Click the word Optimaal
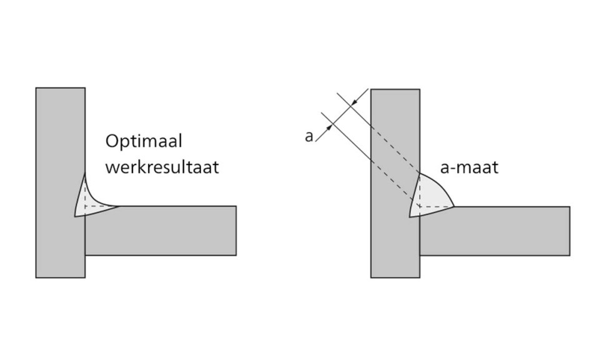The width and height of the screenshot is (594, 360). [x=144, y=141]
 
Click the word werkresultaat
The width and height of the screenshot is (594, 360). [x=162, y=167]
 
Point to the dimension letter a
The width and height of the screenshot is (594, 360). [x=309, y=136]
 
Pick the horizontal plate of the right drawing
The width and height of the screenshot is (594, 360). [x=500, y=231]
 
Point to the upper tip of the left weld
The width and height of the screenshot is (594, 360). [x=85, y=175]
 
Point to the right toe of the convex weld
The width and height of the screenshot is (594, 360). [x=453, y=206]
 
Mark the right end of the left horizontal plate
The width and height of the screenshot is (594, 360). [x=235, y=230]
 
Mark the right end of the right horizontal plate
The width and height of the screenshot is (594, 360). [x=569, y=231]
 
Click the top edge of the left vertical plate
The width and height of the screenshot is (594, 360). [x=60, y=88]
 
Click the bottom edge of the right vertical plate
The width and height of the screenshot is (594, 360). [x=395, y=277]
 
